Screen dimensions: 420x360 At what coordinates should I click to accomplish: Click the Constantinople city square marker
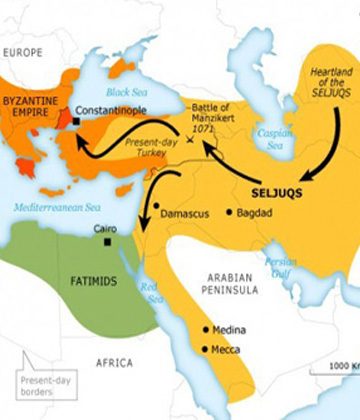click(76, 122)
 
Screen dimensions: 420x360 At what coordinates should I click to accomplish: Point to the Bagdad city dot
click(230, 212)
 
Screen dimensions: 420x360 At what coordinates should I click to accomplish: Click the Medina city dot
click(206, 329)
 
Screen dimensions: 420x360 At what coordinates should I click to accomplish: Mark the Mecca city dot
click(206, 349)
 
